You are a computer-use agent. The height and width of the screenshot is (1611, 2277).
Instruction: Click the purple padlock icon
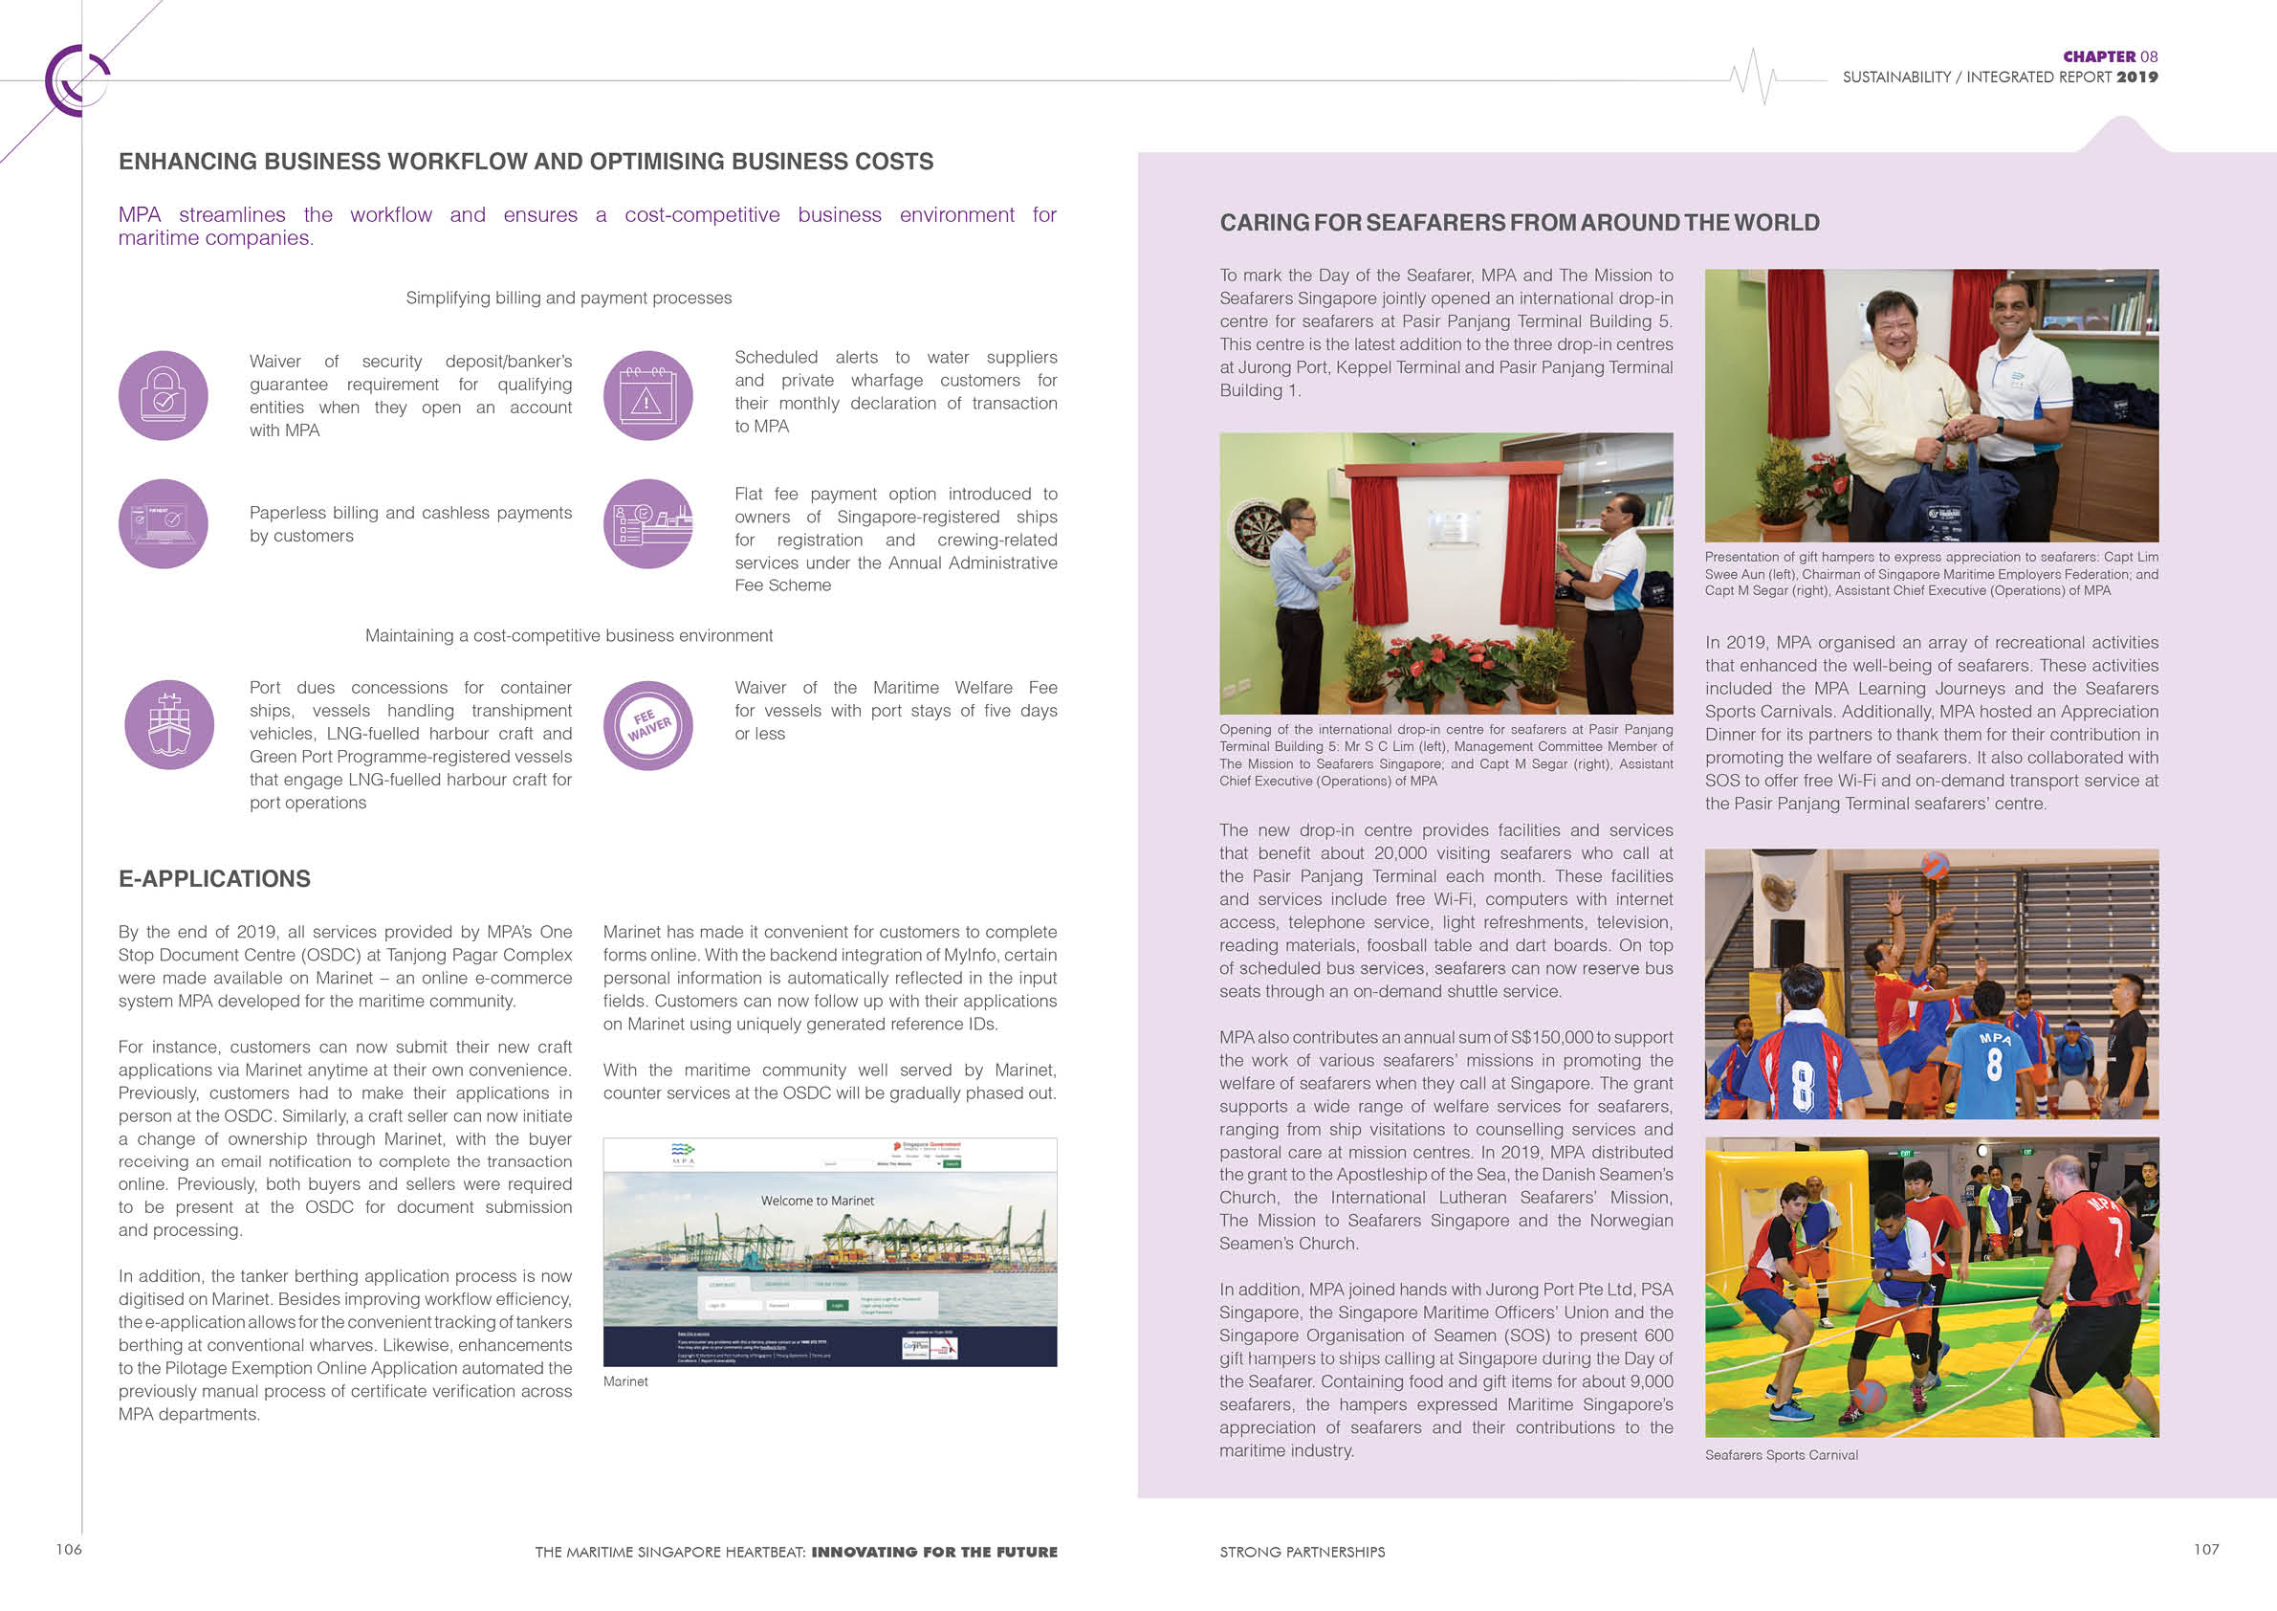tap(163, 395)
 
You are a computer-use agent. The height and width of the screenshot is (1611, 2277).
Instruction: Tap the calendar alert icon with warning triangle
tap(647, 395)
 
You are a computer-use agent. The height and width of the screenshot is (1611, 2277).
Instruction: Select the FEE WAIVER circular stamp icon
tap(647, 725)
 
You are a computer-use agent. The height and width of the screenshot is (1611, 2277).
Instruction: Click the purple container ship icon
tap(168, 724)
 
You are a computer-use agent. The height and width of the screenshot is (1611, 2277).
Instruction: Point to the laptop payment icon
tap(163, 524)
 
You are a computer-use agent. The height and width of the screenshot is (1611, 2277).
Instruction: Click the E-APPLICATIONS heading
tap(214, 879)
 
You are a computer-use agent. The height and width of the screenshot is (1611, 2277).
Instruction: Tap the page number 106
tap(69, 1550)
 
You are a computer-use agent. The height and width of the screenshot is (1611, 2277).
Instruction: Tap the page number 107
tap(2205, 1550)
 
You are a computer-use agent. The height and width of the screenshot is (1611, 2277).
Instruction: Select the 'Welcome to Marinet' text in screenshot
tap(818, 1201)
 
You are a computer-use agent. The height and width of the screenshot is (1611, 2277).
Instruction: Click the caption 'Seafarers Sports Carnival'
tap(1781, 1455)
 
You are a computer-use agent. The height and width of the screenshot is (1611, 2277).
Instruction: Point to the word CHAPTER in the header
tap(2098, 56)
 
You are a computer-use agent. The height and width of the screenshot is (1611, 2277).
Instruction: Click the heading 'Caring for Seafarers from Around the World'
tap(1520, 223)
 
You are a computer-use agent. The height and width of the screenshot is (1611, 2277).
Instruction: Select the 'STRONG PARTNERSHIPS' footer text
tap(1303, 1552)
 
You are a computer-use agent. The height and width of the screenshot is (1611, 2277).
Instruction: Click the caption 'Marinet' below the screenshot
tap(624, 1381)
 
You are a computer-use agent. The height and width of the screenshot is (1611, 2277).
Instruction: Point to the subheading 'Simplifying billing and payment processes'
tap(568, 298)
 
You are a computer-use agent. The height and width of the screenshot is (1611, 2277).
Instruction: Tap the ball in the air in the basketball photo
tap(1935, 865)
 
